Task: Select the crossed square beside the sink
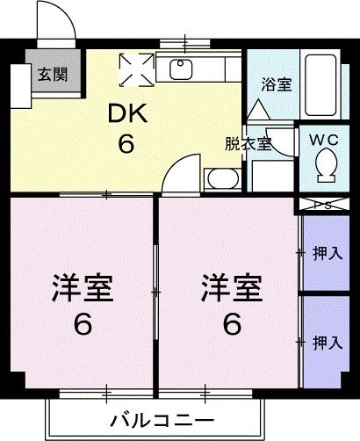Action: (135, 69)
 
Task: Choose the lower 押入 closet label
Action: (328, 342)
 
